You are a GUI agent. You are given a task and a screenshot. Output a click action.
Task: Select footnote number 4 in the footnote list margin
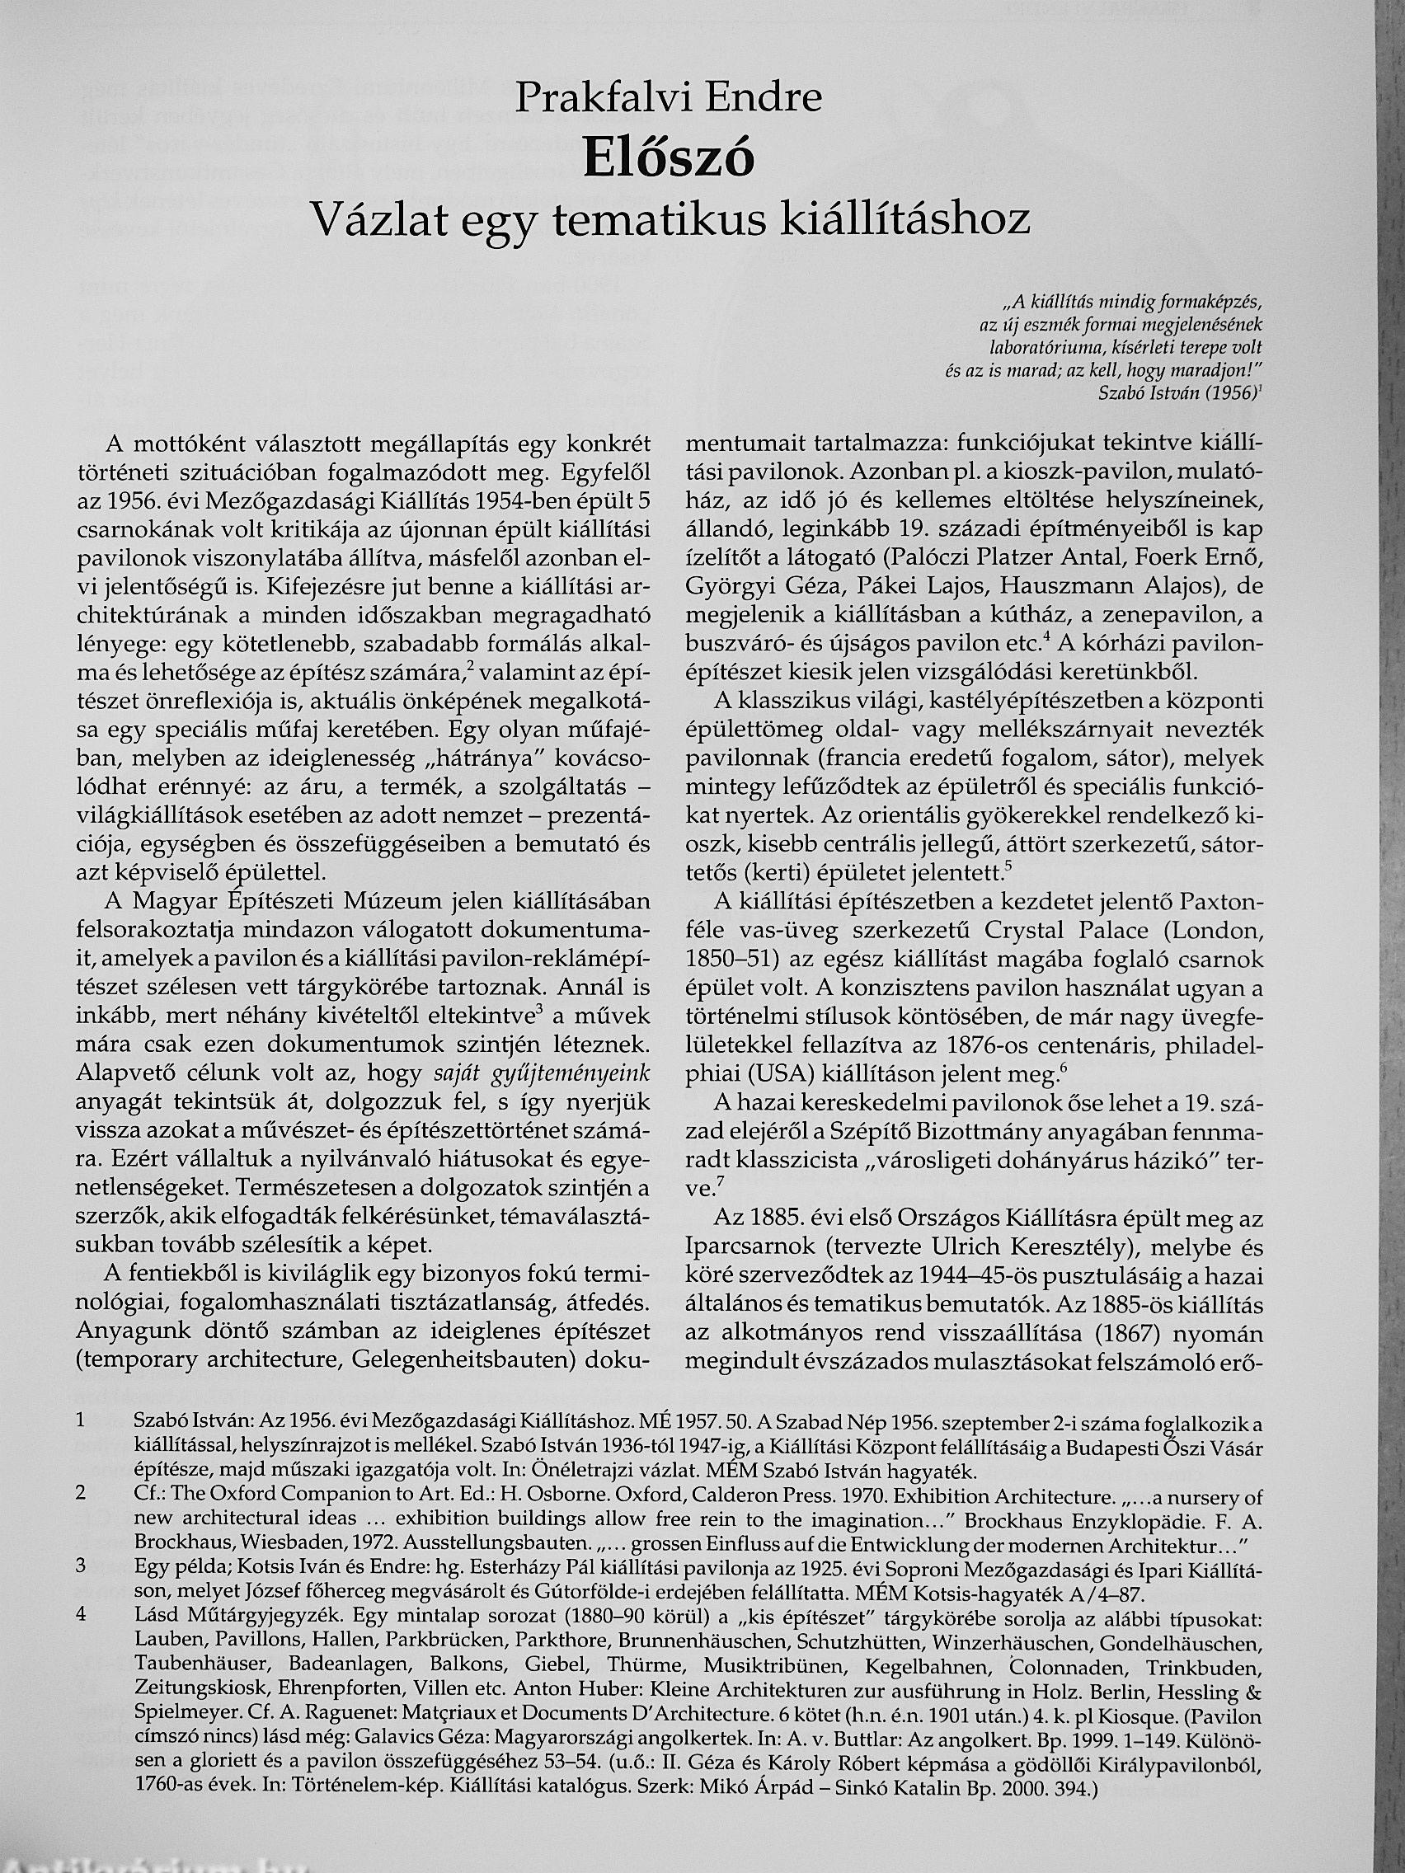tap(82, 1615)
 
